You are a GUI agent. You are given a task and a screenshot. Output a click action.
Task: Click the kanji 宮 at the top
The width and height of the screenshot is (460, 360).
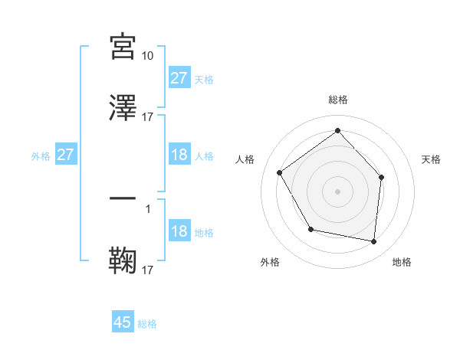point(123,47)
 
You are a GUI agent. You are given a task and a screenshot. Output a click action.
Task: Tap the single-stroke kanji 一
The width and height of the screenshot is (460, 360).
point(123,200)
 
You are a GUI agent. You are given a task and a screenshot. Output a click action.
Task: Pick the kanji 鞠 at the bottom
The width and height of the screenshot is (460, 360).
point(123,260)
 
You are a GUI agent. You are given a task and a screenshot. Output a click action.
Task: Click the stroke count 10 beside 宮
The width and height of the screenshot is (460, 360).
point(148,56)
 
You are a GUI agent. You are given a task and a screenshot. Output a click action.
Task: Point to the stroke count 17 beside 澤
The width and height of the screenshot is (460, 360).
point(148,116)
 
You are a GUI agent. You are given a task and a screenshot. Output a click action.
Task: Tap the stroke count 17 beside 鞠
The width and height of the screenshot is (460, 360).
point(148,270)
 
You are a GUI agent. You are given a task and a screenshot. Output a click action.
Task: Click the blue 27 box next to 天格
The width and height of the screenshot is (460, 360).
point(179,78)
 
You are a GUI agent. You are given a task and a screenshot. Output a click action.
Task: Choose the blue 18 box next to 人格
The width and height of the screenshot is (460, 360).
point(179,155)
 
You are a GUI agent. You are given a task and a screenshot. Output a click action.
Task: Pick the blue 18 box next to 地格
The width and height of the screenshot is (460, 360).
point(179,232)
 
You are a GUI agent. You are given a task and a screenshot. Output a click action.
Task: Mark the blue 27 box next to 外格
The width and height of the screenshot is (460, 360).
point(65,155)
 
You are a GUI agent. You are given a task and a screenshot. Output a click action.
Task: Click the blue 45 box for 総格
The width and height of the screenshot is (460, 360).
point(123,322)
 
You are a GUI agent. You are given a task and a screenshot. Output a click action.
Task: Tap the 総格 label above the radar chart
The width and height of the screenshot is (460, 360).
point(338,100)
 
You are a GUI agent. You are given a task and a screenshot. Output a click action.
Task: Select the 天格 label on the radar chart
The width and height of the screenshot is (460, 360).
point(432,159)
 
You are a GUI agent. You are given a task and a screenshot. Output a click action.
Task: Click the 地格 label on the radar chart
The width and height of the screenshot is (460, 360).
point(402,262)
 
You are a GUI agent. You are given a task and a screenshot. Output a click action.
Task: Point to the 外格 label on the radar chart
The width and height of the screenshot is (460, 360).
point(270,262)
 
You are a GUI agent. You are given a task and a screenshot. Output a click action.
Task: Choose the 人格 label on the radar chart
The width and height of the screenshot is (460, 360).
point(245,159)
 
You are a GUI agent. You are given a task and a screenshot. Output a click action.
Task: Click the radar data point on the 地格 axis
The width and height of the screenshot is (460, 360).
point(374,241)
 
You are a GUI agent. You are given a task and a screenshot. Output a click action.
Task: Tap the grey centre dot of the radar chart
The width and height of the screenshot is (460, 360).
point(338,191)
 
